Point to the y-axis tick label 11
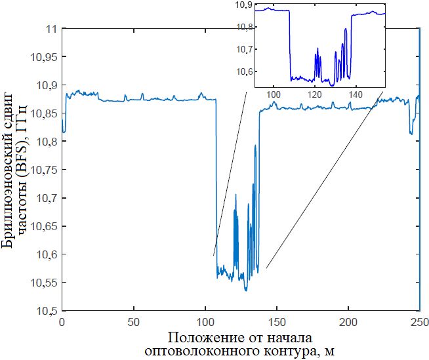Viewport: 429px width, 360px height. pyautogui.click(x=50, y=29)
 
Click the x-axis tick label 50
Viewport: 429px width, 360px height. pyautogui.click(x=134, y=322)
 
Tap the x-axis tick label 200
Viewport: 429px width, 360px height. pyautogui.click(x=348, y=322)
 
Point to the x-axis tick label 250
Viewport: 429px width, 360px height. pyautogui.click(x=419, y=322)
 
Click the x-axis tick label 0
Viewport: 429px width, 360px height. pyautogui.click(x=62, y=322)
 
